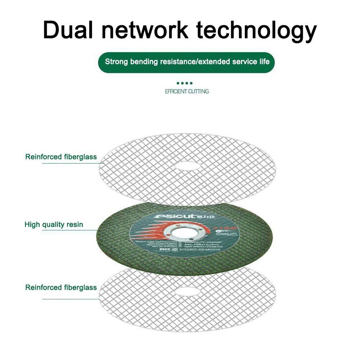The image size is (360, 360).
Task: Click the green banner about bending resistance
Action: click(186, 62)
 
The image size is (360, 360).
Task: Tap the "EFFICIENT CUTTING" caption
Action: click(186, 91)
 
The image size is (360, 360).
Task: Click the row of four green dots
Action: click(186, 83)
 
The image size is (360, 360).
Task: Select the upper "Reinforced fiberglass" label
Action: click(61, 157)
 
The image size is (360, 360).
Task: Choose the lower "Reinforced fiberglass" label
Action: click(61, 288)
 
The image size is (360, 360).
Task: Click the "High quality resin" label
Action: click(54, 225)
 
